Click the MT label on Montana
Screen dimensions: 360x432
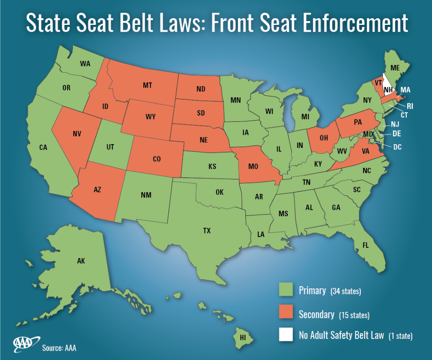point(147,85)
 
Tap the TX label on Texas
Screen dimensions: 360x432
point(207,231)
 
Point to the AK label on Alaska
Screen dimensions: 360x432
point(81,261)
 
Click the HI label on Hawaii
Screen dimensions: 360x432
point(243,337)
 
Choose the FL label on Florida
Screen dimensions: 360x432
point(365,245)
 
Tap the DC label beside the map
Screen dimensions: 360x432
point(397,147)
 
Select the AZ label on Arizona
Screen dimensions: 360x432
point(97,190)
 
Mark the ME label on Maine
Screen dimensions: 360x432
point(395,67)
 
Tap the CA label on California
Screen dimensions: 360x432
point(43,148)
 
